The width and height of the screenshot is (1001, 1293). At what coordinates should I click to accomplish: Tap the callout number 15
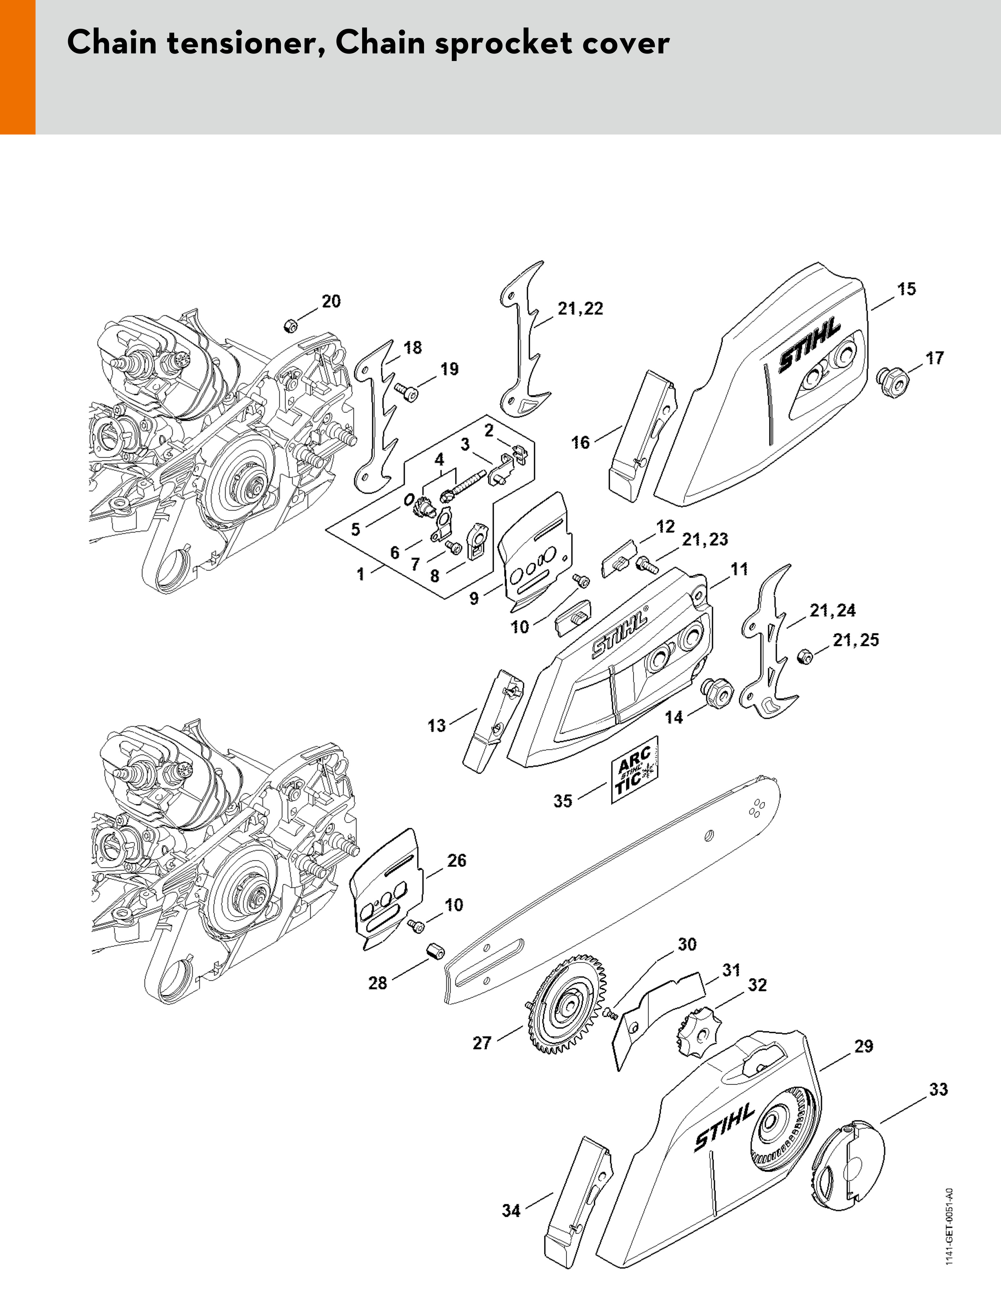[906, 289]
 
